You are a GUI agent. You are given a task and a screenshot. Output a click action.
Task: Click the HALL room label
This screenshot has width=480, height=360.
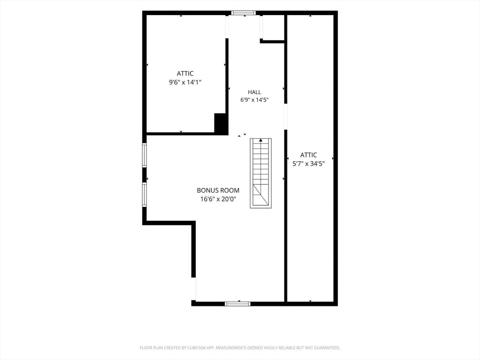(x=255, y=92)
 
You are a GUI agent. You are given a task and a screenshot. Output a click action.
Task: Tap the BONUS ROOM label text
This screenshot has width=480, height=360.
(x=218, y=190)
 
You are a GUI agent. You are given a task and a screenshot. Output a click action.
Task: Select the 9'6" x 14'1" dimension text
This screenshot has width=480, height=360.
(x=185, y=82)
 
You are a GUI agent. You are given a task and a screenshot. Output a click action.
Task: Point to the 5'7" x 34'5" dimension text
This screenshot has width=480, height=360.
(x=308, y=164)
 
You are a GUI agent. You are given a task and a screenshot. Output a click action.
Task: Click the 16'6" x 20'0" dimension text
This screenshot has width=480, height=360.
(x=218, y=199)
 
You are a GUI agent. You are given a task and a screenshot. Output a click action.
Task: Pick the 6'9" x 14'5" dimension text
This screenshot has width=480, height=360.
(x=255, y=100)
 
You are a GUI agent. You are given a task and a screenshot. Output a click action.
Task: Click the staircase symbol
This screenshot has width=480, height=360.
(x=261, y=173)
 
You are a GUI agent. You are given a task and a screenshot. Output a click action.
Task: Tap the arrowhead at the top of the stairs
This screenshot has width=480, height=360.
(x=261, y=140)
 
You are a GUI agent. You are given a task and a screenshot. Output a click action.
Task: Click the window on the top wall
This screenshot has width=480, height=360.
(x=243, y=13)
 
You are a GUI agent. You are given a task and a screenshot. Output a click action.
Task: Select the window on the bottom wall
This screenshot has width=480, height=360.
(x=238, y=304)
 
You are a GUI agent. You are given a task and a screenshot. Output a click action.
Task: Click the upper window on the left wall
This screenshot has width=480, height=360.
(x=144, y=155)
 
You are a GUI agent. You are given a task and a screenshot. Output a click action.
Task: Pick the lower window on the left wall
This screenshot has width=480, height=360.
(x=144, y=195)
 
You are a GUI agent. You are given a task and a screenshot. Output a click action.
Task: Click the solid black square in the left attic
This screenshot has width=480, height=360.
(x=221, y=123)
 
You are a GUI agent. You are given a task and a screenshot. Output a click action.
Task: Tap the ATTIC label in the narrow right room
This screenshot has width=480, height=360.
(x=308, y=155)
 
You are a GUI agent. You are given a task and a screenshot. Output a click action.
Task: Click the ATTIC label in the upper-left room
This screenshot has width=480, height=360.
(x=185, y=74)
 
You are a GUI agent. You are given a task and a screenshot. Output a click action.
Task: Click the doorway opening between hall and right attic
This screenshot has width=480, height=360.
(x=285, y=117)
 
